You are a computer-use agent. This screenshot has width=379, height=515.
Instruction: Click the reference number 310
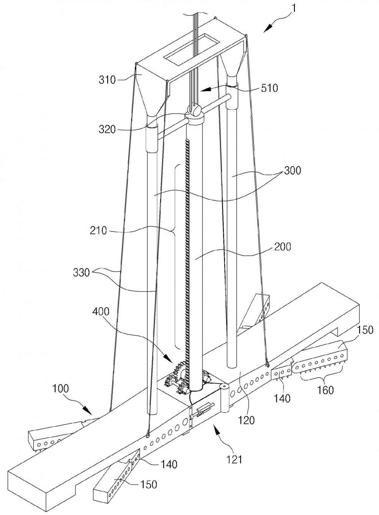click(x=107, y=80)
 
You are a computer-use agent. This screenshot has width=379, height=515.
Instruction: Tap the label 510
click(x=269, y=88)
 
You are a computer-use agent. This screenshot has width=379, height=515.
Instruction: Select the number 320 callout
click(x=107, y=129)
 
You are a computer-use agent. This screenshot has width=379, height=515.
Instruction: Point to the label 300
click(x=292, y=171)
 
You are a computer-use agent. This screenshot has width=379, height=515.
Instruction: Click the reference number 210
click(x=99, y=230)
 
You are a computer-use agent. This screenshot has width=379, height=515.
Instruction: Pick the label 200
click(x=282, y=247)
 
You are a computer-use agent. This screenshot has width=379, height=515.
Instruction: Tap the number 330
click(x=81, y=273)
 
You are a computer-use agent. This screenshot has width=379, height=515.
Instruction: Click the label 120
click(x=246, y=420)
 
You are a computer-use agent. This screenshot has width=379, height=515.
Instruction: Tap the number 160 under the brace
click(x=325, y=390)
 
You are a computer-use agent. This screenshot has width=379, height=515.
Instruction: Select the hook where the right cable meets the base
click(x=267, y=364)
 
